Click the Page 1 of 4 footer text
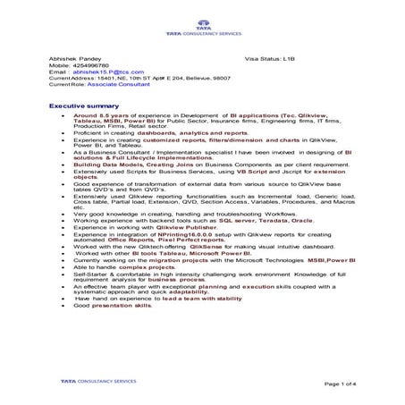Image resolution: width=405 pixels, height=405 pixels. coord(348,383)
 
